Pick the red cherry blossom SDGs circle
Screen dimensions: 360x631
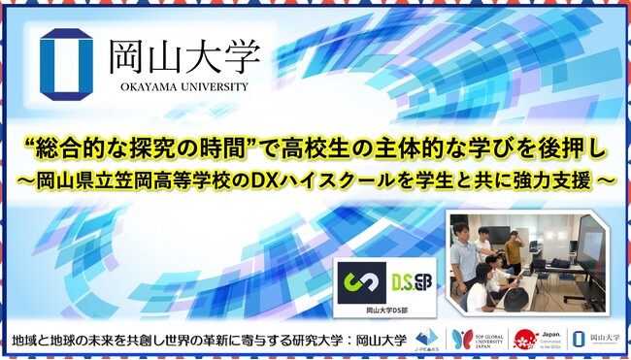pos(526,340)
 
